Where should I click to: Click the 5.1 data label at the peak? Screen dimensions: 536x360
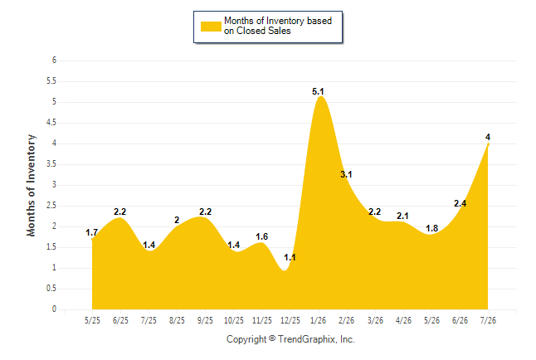(x=318, y=91)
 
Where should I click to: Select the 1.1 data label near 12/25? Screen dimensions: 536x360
(x=290, y=257)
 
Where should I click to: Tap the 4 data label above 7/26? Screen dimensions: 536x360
(x=488, y=137)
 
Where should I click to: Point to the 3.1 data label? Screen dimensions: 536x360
(x=346, y=174)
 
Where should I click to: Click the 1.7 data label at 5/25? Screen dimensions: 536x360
(x=91, y=232)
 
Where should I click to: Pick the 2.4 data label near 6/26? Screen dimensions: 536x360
(x=460, y=203)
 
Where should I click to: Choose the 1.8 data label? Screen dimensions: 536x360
(x=431, y=228)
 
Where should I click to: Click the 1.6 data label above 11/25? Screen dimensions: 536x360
(x=262, y=236)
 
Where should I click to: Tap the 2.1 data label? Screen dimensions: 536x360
(x=402, y=216)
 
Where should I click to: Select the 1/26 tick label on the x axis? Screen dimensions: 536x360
(x=319, y=320)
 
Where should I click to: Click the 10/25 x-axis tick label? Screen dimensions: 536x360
(x=234, y=320)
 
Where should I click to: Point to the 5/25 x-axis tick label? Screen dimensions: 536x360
(x=92, y=320)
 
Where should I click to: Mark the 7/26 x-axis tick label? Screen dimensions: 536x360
(x=488, y=320)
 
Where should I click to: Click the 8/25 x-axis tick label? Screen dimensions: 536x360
(x=177, y=320)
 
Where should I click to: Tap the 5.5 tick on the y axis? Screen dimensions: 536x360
(x=51, y=81)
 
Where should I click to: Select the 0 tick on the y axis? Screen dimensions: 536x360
(x=54, y=309)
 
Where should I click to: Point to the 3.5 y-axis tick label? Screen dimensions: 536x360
(x=51, y=164)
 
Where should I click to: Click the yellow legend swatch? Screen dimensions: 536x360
(x=211, y=27)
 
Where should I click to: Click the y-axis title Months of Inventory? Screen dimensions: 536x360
(x=31, y=185)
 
